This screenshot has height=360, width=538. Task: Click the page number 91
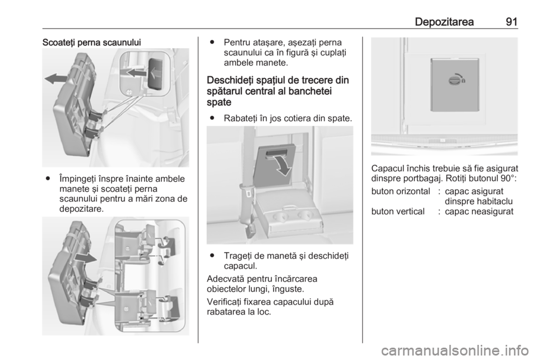point(511,22)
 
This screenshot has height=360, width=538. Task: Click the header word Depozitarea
point(444,22)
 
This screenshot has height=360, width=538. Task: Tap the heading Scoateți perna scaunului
point(91,43)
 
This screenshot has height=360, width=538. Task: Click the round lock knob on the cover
point(454,81)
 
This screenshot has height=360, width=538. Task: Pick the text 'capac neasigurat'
point(479,211)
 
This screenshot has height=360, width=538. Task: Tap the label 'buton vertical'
point(398,211)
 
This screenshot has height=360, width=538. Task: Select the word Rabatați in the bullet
point(240,118)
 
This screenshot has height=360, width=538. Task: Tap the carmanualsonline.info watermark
point(454,350)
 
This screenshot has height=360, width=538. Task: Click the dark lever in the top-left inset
point(156,73)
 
